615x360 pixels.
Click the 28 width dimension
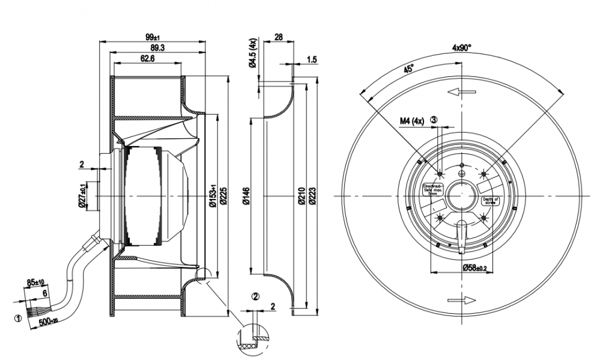[278, 37]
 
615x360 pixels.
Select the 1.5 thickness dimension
[312, 59]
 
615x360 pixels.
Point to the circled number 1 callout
[18, 318]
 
